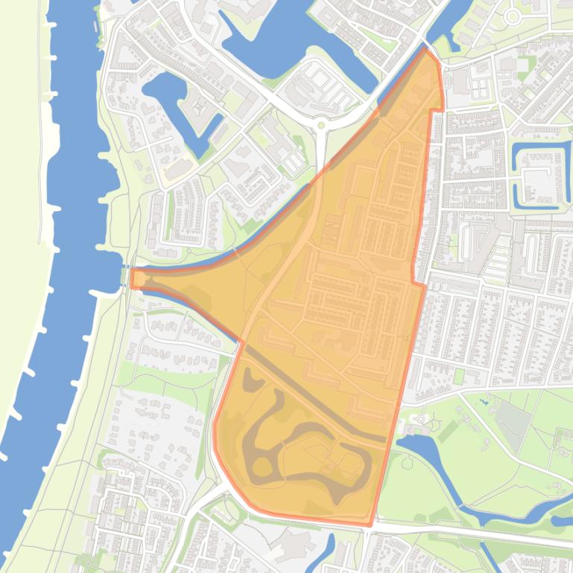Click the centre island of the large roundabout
322,125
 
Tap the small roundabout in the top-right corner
512,16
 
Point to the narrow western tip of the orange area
135,278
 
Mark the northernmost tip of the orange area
426,51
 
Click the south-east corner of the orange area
370,525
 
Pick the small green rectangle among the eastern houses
459,377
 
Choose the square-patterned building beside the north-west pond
198,109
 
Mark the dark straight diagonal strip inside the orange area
313,394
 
